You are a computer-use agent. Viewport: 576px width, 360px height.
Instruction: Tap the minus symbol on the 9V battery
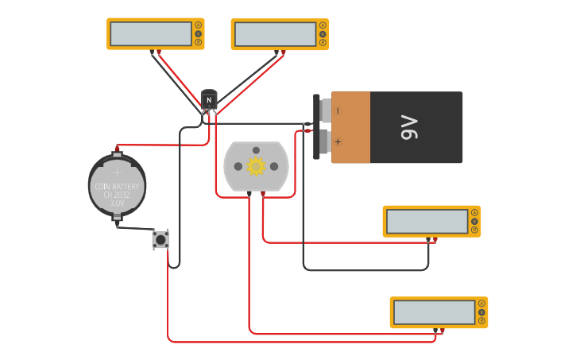click(x=338, y=110)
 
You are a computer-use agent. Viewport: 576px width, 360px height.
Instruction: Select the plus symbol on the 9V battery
click(x=338, y=142)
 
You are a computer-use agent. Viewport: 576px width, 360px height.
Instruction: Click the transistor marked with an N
click(x=209, y=100)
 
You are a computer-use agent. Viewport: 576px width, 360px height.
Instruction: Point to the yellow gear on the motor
click(x=256, y=166)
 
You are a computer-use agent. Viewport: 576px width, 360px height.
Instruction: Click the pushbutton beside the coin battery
click(x=160, y=239)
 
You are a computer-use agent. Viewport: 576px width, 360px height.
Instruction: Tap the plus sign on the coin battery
click(x=117, y=172)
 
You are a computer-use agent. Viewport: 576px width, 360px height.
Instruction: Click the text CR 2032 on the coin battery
click(x=117, y=195)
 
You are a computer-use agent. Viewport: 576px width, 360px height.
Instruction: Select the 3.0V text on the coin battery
click(x=117, y=203)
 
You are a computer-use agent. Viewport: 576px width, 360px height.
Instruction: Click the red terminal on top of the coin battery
click(x=117, y=148)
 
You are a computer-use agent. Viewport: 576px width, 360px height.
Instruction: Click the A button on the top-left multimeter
click(x=199, y=25)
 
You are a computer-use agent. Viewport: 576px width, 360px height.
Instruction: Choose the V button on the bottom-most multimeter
click(x=481, y=312)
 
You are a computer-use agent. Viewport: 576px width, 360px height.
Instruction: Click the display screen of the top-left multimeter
click(x=151, y=33)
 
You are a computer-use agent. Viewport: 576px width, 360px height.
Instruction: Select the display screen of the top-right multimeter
click(x=275, y=34)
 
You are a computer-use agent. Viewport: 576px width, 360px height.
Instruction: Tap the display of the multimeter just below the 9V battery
click(x=427, y=222)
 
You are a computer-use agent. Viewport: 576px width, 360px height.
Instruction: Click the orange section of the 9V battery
click(x=350, y=127)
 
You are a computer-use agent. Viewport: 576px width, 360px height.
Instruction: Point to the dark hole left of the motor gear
click(x=238, y=166)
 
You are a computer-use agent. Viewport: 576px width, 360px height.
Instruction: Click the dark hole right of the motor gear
click(x=274, y=166)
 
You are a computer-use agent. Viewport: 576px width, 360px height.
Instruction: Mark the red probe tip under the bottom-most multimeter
click(x=442, y=330)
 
